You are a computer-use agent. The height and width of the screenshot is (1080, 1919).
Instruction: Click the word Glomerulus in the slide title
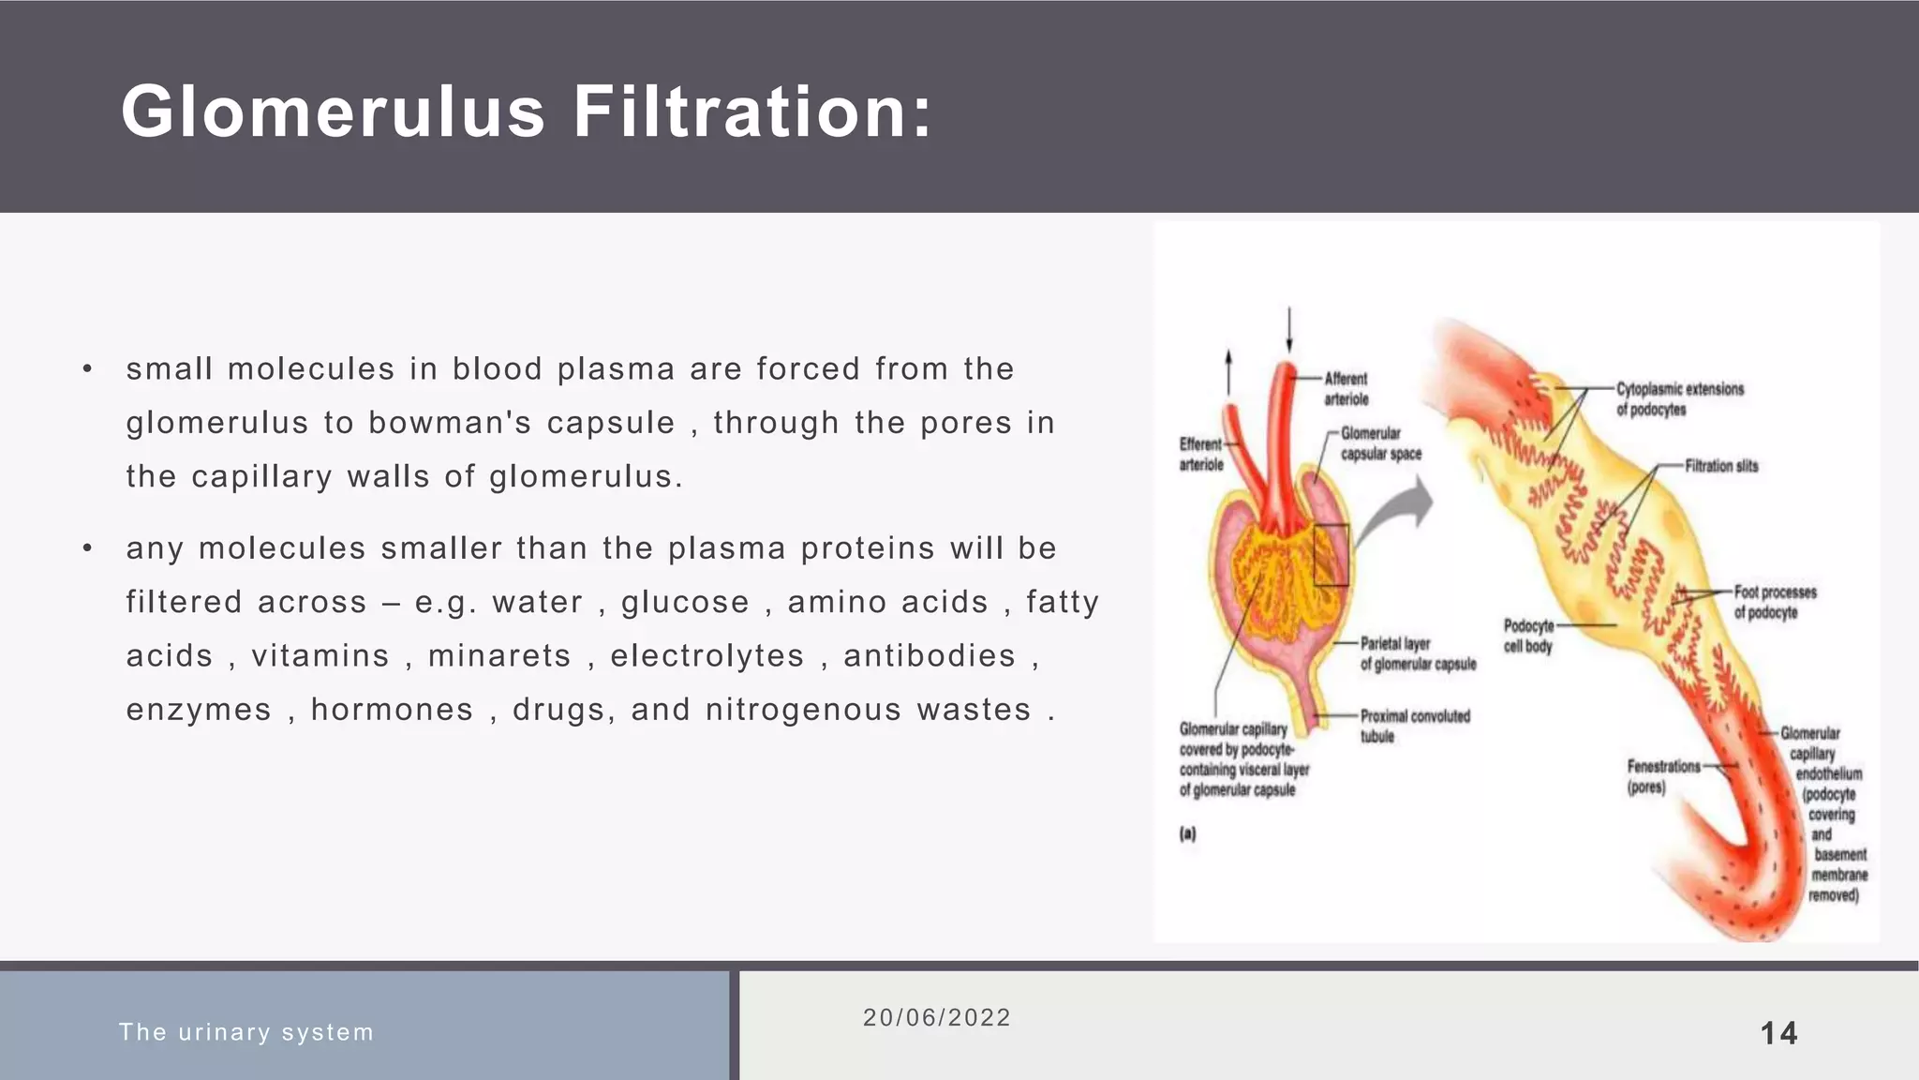coord(333,112)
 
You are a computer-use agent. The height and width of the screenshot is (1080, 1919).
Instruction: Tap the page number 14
coord(1778,1033)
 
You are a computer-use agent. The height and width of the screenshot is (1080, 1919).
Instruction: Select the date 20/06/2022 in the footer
coord(937,1018)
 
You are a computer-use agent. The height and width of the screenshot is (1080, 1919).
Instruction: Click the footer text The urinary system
coord(246,1032)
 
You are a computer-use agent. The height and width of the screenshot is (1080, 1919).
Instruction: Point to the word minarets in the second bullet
coord(499,656)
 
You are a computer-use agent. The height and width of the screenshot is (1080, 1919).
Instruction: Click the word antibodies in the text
coord(930,656)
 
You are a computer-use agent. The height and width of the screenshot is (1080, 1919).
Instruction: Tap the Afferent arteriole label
coord(1346,389)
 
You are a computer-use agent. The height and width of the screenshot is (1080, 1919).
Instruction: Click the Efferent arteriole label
coord(1201,455)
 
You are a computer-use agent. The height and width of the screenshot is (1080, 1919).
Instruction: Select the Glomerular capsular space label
coord(1380,443)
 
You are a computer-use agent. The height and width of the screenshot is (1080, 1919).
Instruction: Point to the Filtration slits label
coord(1721,466)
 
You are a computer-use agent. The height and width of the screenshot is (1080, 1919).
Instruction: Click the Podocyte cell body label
coord(1528,636)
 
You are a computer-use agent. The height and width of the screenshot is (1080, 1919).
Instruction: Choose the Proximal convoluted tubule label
coord(1415,726)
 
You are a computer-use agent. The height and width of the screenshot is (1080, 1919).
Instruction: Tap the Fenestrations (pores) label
coord(1663,776)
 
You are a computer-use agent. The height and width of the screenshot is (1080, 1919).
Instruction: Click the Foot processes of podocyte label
coord(1775,602)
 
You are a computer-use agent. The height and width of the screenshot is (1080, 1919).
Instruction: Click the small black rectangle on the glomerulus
coord(1331,555)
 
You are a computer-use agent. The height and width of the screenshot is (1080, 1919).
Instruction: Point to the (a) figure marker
coord(1187,833)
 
